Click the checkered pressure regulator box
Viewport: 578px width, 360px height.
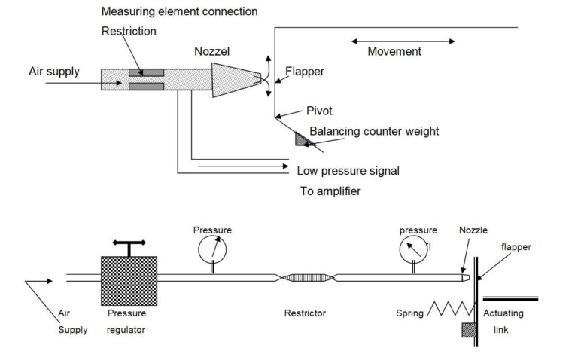129,279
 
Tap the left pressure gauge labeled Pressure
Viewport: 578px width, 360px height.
211,249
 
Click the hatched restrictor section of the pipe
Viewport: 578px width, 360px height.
306,277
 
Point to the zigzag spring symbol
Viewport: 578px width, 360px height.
450,307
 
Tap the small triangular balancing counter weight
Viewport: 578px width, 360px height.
302,138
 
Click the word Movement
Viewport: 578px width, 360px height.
394,52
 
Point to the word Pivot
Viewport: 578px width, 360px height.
321,111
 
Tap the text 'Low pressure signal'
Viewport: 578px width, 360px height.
348,171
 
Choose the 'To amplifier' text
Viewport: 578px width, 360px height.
330,191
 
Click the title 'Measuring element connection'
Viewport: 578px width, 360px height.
179,12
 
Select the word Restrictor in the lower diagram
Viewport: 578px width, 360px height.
306,313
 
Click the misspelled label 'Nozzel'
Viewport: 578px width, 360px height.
212,52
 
